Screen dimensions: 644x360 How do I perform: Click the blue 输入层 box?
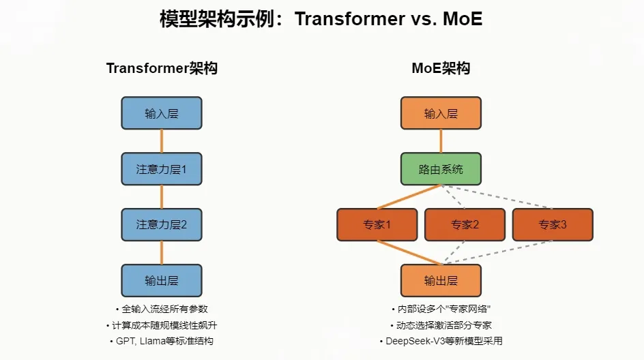(x=162, y=113)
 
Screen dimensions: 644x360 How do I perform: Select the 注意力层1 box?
(x=162, y=168)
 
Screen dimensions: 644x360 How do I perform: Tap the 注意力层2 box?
(x=162, y=224)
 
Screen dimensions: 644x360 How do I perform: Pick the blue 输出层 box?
(x=162, y=280)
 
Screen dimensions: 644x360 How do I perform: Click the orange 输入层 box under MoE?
(x=441, y=113)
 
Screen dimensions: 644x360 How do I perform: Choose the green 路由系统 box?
(x=441, y=168)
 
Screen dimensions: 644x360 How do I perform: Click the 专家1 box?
(x=377, y=224)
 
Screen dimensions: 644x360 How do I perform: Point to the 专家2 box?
(x=465, y=224)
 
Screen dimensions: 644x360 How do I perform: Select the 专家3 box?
(x=553, y=224)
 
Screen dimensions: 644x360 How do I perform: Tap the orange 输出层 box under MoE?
(x=441, y=280)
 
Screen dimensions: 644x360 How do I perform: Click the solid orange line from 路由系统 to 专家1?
(x=409, y=197)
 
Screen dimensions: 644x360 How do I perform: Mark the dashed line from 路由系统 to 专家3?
(x=497, y=197)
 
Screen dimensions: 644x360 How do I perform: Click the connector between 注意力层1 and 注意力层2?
(x=162, y=197)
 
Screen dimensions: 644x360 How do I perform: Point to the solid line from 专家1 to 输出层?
(x=409, y=252)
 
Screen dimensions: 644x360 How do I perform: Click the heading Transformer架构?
(x=162, y=68)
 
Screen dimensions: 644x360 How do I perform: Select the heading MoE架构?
(x=441, y=68)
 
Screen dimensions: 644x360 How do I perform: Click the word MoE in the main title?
(x=463, y=19)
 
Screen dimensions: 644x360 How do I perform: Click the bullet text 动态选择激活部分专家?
(x=444, y=325)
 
